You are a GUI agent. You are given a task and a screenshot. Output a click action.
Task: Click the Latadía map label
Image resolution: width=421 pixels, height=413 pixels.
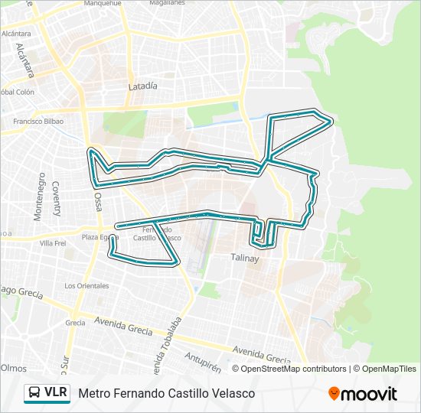click(143, 86)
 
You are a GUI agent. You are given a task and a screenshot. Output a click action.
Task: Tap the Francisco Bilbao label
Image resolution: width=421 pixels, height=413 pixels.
click(38, 121)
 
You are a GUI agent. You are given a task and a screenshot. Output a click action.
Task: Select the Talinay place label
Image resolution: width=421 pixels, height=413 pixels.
click(246, 259)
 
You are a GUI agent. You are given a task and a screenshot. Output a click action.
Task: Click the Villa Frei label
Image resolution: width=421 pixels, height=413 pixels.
click(54, 243)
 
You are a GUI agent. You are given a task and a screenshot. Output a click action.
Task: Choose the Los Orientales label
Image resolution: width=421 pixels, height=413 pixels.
click(86, 285)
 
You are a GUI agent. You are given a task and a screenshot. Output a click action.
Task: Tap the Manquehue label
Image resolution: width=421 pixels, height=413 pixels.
click(103, 3)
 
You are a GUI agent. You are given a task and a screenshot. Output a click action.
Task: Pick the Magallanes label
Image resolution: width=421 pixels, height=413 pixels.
click(167, 3)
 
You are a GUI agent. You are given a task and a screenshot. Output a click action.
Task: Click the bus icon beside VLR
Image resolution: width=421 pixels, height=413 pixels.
click(34, 393)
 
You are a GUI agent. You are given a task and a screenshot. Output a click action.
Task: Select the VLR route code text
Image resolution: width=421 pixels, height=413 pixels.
click(56, 393)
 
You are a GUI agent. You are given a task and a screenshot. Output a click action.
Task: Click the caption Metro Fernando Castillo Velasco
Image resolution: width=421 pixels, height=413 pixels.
click(166, 393)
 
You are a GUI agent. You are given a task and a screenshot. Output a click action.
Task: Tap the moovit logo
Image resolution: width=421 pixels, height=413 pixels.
click(363, 394)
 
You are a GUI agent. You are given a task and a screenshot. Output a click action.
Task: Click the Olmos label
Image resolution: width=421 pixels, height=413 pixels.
click(14, 368)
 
